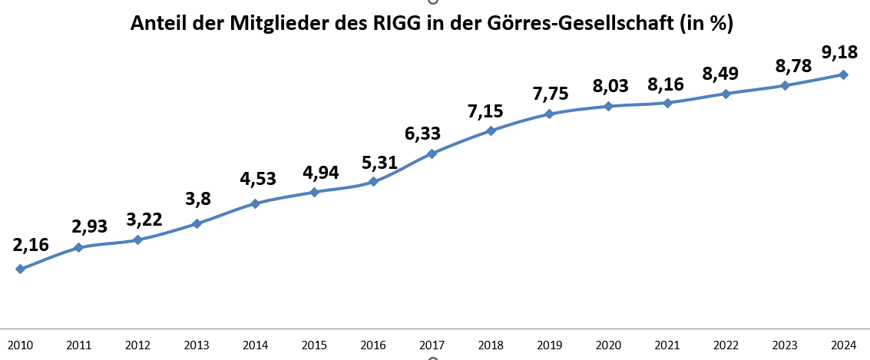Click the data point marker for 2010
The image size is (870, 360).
point(20,269)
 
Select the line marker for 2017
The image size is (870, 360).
point(432,154)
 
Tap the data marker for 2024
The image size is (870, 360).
point(843,74)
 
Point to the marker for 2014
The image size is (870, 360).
point(255,203)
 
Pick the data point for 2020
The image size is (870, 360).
point(608,106)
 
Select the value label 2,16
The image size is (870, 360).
point(31,246)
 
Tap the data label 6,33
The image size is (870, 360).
point(422,134)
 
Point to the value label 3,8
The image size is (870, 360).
point(198,200)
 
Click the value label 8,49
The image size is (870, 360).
point(721,74)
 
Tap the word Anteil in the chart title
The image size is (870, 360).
point(157,24)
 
